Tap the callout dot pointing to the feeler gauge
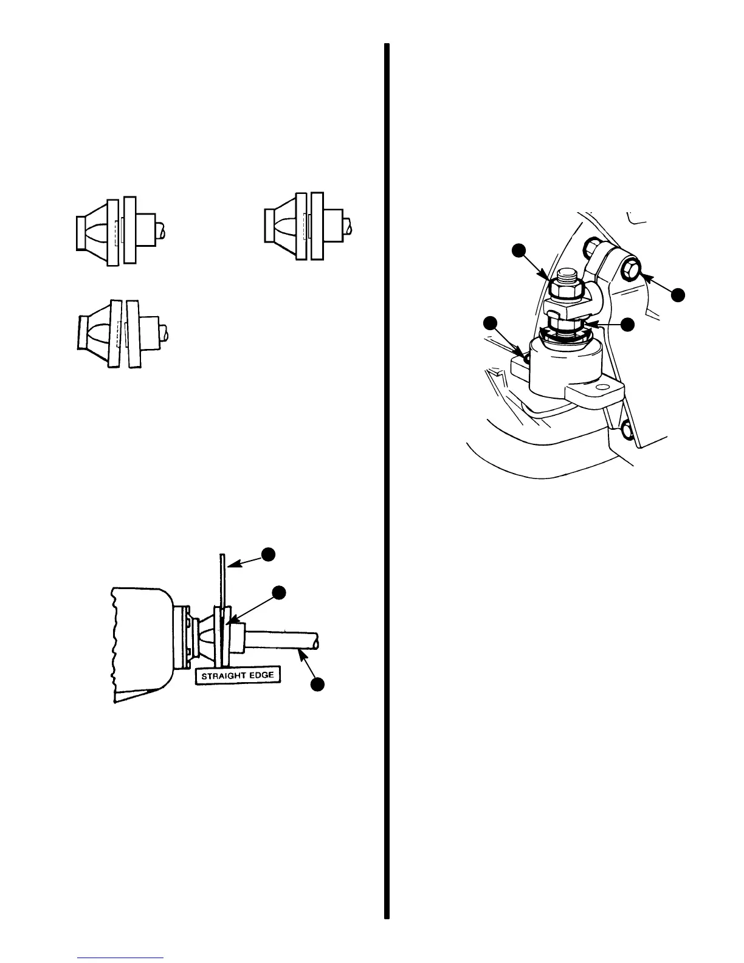point(269,553)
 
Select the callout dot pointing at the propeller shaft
point(317,684)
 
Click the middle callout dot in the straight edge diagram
point(278,592)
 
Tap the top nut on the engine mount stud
point(565,291)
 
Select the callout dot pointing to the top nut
point(518,250)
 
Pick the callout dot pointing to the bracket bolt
point(678,295)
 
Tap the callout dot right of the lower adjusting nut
point(629,325)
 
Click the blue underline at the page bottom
point(121,958)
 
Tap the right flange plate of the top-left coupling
point(129,230)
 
